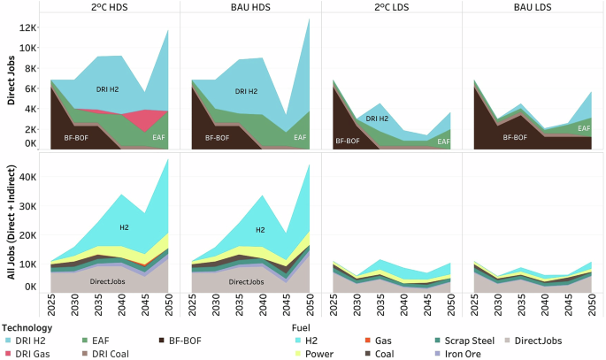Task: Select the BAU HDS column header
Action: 250,6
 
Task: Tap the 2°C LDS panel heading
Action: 391,6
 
